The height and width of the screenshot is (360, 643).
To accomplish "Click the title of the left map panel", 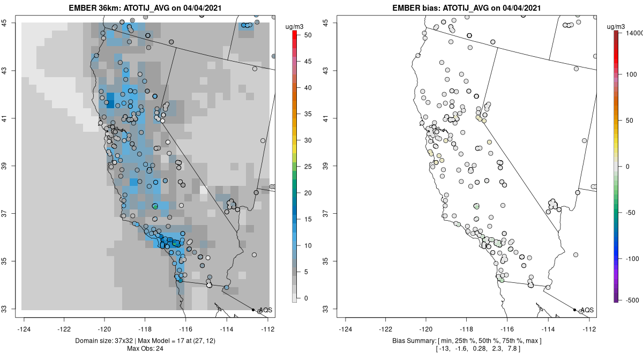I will pyautogui.click(x=146, y=8).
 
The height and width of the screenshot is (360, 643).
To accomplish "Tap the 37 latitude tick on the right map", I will pyautogui.click(x=333, y=214).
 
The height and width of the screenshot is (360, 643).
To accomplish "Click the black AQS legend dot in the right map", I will pyautogui.click(x=574, y=310).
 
